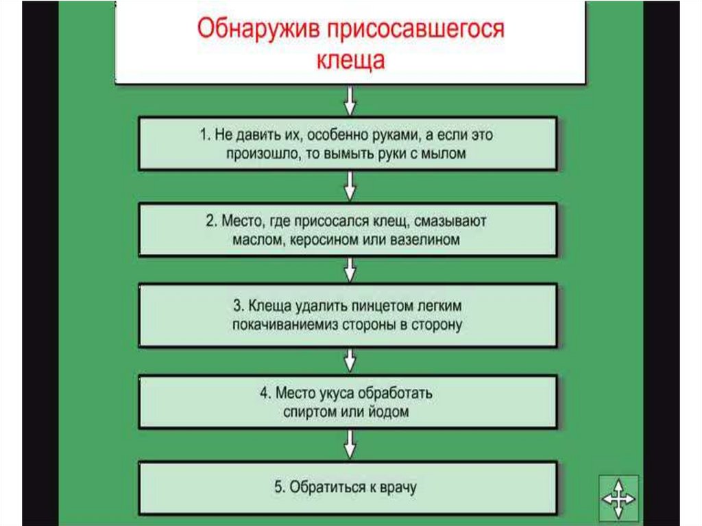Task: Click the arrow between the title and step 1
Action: coord(350,101)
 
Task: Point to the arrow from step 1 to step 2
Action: coord(350,185)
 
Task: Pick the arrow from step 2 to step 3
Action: coord(350,270)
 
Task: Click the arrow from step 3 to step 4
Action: coord(350,359)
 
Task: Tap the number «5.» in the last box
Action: coord(279,488)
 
